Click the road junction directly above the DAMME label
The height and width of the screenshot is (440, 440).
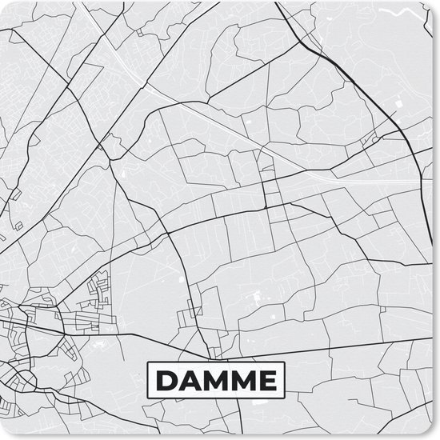215,357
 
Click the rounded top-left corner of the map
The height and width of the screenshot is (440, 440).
3,3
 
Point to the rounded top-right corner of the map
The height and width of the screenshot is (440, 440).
436,3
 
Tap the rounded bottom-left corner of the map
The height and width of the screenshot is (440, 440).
3,436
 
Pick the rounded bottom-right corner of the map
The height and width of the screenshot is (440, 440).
436,436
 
